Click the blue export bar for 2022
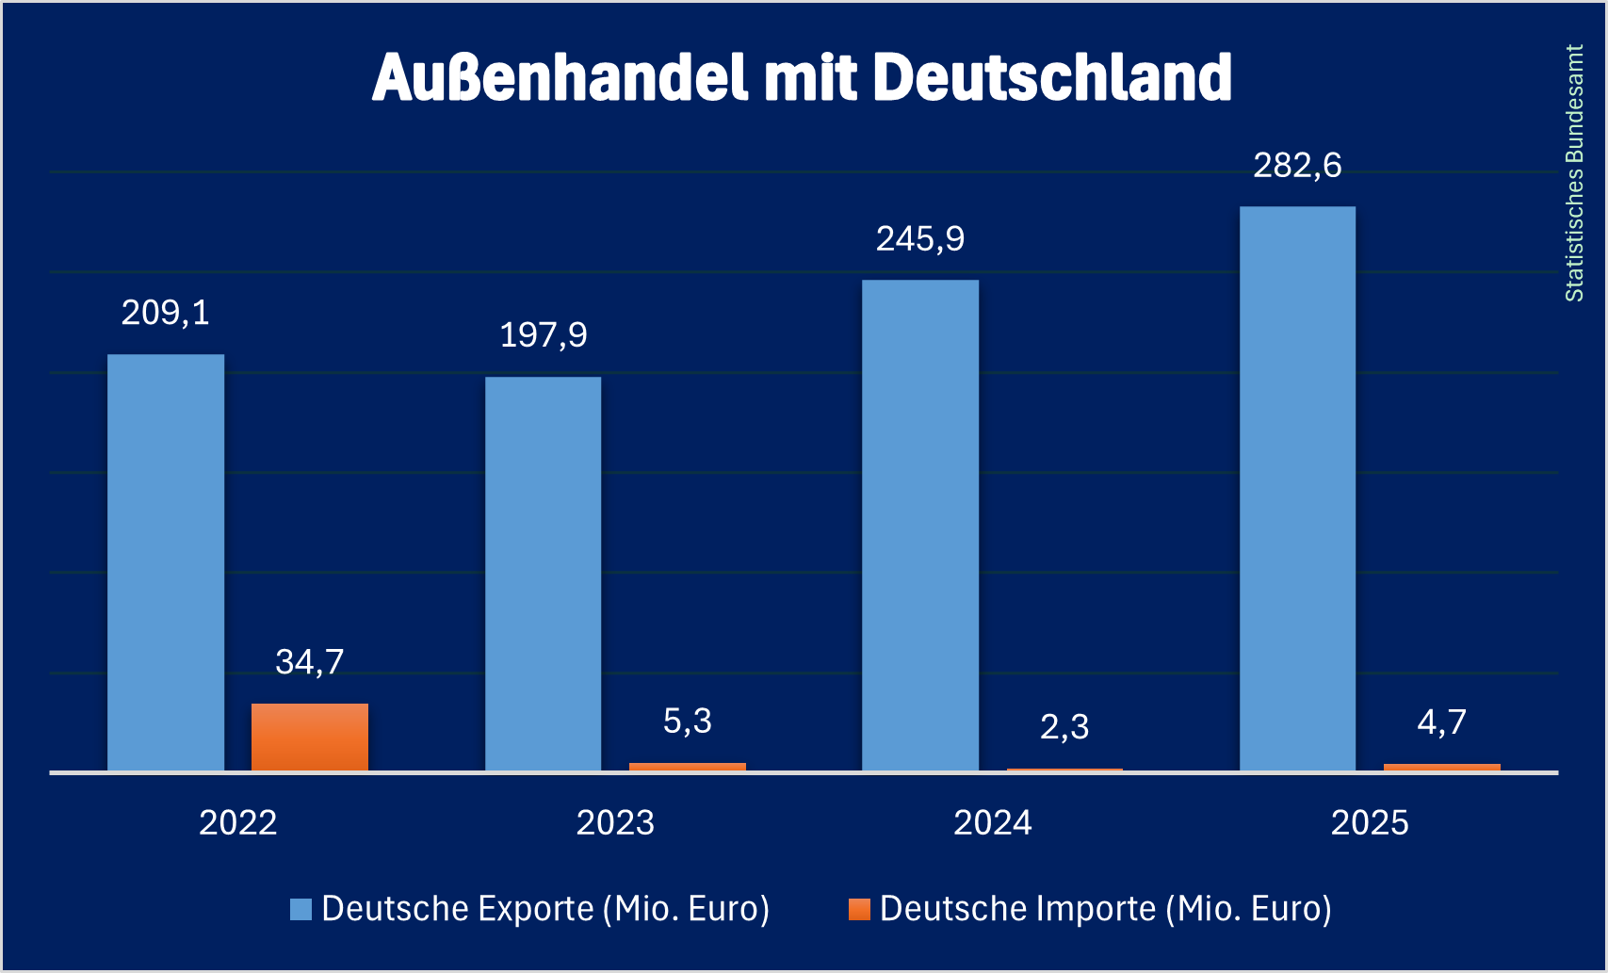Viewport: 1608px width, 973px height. (x=166, y=562)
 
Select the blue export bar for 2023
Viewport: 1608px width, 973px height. (x=543, y=574)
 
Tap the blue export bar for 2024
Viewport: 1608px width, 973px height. (x=920, y=526)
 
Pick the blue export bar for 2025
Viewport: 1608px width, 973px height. (x=1297, y=489)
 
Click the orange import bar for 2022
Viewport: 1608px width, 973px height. (x=310, y=737)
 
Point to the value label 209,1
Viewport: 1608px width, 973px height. (x=166, y=313)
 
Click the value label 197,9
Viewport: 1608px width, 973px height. (x=544, y=335)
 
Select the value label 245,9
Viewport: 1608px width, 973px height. (x=920, y=239)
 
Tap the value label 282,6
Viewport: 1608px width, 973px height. (x=1297, y=166)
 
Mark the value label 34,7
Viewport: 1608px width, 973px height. (x=310, y=662)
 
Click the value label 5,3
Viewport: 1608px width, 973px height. (x=688, y=722)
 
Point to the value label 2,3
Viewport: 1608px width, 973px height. (x=1064, y=727)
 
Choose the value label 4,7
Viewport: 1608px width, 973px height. (x=1442, y=722)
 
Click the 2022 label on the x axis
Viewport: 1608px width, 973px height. (x=238, y=823)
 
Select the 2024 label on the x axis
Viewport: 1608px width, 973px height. (x=993, y=823)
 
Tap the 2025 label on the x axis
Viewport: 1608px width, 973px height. (x=1370, y=823)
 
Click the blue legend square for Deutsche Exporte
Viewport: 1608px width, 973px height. (x=300, y=910)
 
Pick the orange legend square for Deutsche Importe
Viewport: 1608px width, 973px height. (x=859, y=910)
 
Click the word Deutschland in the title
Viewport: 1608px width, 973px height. (x=1051, y=77)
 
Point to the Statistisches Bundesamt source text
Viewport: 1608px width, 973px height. (x=1574, y=173)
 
